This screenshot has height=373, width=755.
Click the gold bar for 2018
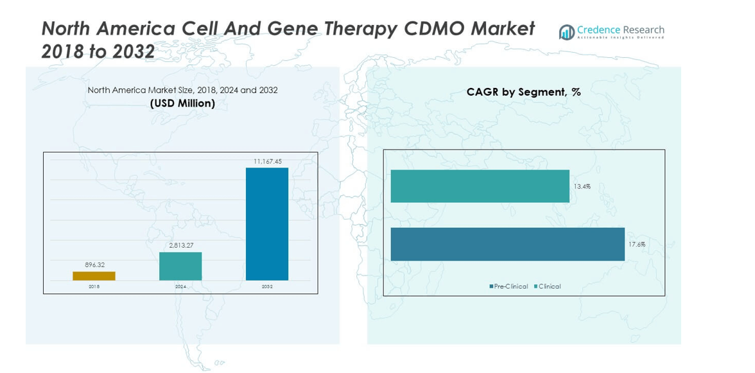click(94, 276)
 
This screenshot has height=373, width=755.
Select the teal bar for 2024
click(180, 266)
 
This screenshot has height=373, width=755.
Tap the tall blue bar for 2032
click(267, 224)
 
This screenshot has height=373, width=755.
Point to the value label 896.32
click(94, 265)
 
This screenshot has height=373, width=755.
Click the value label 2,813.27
click(180, 245)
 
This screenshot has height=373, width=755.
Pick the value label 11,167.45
click(267, 161)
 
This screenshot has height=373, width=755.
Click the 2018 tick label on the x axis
click(94, 286)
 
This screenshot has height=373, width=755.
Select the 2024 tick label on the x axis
click(180, 286)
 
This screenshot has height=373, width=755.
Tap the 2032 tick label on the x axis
click(267, 286)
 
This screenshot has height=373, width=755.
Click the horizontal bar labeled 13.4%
click(480, 186)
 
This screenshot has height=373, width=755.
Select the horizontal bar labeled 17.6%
click(507, 244)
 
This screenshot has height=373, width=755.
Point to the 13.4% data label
click(582, 187)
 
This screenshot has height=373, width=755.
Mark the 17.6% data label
click(637, 245)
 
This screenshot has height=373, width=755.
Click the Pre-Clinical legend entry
click(509, 286)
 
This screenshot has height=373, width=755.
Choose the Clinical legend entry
click(548, 286)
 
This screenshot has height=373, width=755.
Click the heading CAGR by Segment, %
click(523, 92)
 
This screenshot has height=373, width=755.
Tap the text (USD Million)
click(182, 103)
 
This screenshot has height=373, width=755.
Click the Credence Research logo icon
click(566, 32)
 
